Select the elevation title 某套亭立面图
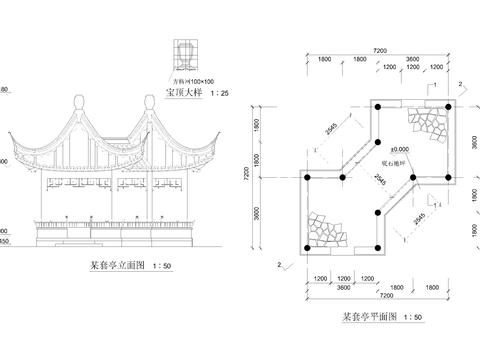118,266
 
